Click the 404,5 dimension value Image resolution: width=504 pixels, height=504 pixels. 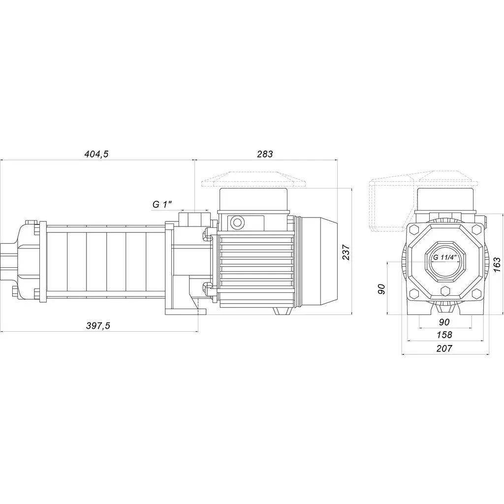point(96,154)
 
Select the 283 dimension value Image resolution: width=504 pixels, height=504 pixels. point(265,154)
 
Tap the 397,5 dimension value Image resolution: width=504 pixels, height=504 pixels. point(98,326)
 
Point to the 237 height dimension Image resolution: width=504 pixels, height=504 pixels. point(346,252)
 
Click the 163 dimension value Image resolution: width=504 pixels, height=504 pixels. point(497,264)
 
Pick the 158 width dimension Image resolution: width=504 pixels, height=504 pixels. point(444,335)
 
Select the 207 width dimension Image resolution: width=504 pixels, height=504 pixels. point(444,348)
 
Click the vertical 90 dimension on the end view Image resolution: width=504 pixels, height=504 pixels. point(381,289)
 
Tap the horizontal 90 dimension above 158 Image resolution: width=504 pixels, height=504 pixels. point(444,322)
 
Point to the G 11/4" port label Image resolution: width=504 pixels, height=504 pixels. point(445,257)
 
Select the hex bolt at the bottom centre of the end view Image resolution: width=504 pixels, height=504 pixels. point(445,291)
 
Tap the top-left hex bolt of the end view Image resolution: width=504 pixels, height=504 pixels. point(413,230)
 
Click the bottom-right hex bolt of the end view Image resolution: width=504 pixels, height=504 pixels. point(476,294)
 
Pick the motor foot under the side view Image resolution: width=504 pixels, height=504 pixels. point(281,311)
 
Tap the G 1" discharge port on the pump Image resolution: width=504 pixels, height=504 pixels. point(194,218)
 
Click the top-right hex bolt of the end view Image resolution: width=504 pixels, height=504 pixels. point(476,230)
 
